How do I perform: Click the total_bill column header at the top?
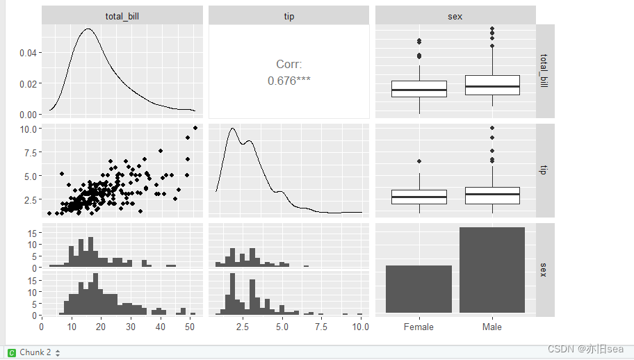coord(122,16)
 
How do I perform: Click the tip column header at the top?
coord(288,16)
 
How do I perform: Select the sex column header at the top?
coord(455,16)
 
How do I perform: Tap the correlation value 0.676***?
coord(288,81)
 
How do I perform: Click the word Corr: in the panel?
coord(288,65)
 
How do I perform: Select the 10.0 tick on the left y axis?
coord(28,129)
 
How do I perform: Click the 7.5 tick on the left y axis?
coord(30,153)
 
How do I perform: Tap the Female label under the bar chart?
coord(418,327)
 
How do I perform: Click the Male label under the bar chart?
coord(491,327)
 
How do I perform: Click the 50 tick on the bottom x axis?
coord(189,327)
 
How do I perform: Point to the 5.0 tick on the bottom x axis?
coord(282,327)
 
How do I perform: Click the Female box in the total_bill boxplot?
coord(418,89)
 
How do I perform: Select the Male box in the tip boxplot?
coord(491,195)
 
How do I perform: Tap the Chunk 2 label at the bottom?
coord(35,352)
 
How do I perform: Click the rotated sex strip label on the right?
coord(545,270)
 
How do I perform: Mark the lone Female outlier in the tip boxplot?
coord(418,161)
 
